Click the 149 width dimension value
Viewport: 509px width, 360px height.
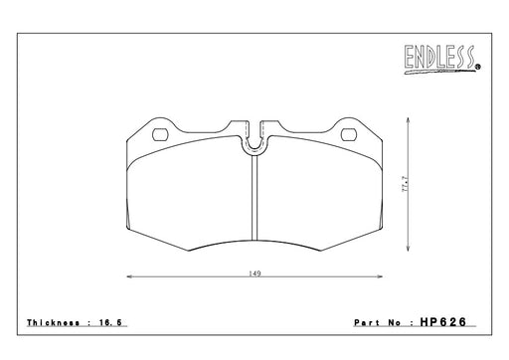pos(254,273)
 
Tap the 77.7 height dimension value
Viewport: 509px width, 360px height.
pos(405,184)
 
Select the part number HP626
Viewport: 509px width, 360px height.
pos(443,322)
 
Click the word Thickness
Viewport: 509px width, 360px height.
pos(53,322)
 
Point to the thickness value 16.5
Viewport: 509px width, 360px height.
pos(110,322)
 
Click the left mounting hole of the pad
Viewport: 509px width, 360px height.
pos(160,134)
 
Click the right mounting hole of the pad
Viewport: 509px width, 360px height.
pos(349,134)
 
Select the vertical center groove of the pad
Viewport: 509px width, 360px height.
pos(254,197)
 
